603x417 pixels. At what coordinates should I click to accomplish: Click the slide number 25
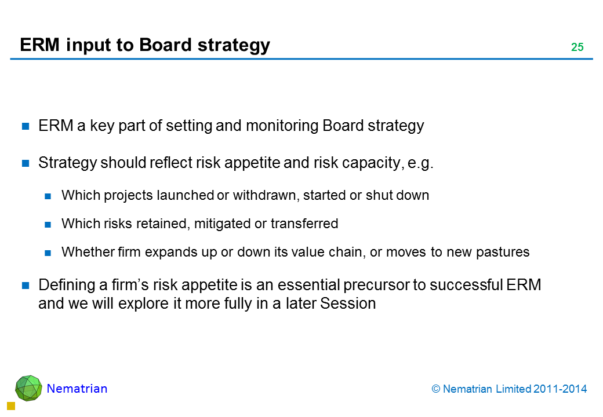point(577,47)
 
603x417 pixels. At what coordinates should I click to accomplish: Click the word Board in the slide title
point(165,45)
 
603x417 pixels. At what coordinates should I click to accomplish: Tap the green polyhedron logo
point(28,388)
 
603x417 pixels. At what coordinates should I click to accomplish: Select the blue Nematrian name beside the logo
point(77,389)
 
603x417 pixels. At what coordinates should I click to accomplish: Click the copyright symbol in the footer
point(435,389)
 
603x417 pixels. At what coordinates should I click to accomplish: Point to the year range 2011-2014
point(560,389)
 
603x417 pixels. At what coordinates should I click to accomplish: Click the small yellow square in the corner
point(11,406)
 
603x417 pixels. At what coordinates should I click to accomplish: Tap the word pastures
point(503,253)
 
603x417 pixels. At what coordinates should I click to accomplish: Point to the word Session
point(348,303)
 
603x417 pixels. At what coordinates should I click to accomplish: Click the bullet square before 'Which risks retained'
point(48,225)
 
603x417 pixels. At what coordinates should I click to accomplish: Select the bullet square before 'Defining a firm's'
point(26,286)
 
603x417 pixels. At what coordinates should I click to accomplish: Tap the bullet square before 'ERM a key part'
point(26,126)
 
